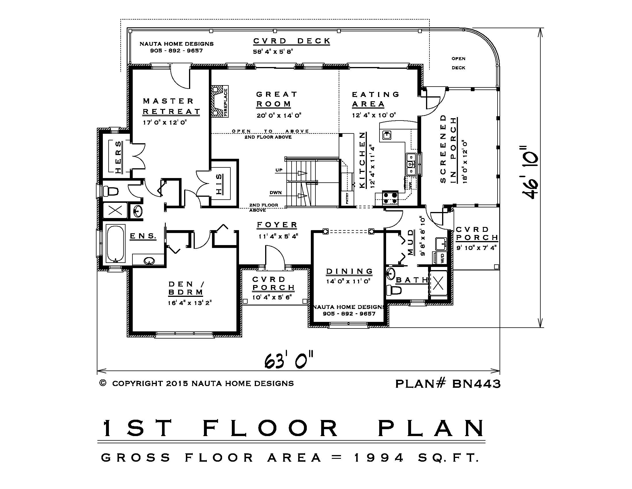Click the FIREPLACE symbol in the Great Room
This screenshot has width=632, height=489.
[x=220, y=101]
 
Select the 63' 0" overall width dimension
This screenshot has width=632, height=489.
[x=289, y=360]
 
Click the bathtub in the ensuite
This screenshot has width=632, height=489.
[x=115, y=244]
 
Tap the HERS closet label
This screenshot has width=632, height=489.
[x=118, y=157]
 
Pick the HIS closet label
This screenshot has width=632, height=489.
[x=219, y=184]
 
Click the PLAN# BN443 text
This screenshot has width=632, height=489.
[x=448, y=383]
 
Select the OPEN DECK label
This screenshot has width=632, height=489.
[x=458, y=63]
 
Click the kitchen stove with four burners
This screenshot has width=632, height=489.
[x=390, y=198]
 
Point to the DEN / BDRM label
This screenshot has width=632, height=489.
[x=186, y=288]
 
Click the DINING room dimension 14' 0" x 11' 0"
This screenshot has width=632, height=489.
[x=348, y=281]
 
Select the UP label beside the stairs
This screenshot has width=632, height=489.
[x=279, y=170]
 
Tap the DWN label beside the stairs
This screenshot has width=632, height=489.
[x=275, y=192]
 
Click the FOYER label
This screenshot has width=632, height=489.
[x=277, y=225]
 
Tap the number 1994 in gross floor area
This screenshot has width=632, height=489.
[x=379, y=458]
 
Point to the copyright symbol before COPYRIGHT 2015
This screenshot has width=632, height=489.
[x=103, y=383]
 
